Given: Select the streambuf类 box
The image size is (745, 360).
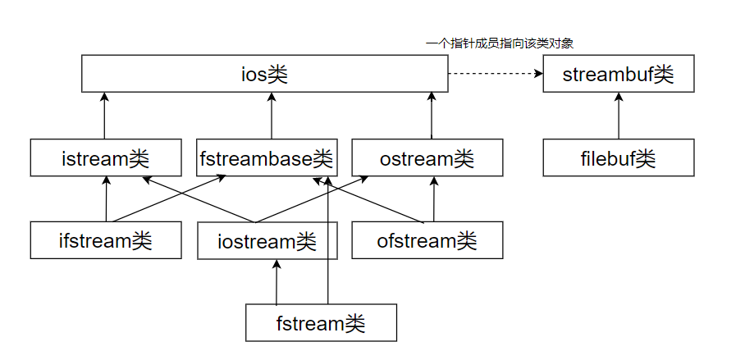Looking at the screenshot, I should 619,75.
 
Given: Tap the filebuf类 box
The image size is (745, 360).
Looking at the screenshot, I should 619,157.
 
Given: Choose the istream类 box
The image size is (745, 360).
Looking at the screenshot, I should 105,157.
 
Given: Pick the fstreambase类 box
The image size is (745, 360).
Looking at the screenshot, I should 267,157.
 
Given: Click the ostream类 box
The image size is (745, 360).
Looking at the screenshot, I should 427,157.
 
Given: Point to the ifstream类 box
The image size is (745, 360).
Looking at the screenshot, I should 105,240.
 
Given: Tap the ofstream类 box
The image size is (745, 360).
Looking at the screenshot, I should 427,240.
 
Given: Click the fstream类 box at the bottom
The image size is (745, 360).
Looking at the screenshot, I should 321,322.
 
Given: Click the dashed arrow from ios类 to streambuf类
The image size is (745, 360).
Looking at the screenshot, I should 492,75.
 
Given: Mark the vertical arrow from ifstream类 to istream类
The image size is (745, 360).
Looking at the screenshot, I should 106,199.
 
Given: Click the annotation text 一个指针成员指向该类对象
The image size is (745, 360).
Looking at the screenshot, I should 505,43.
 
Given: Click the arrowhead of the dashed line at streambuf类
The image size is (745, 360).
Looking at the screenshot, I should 538,75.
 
